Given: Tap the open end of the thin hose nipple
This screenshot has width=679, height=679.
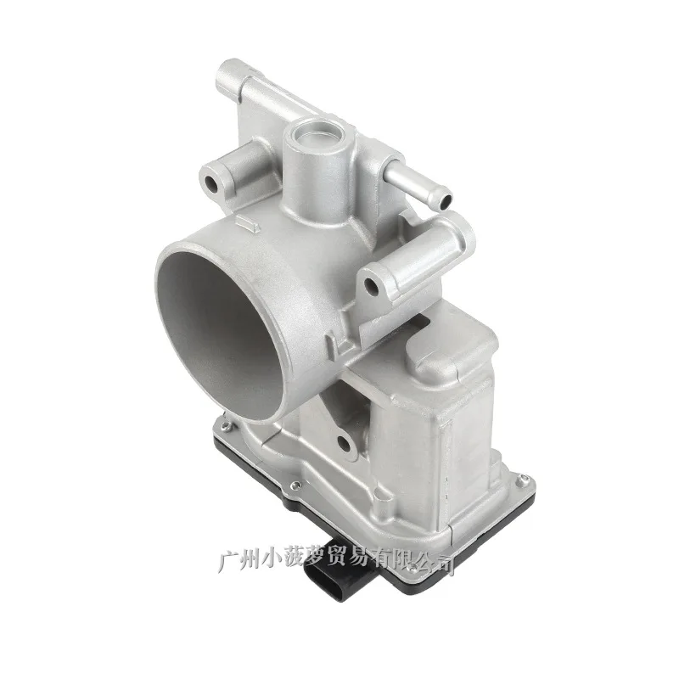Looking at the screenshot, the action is pyautogui.click(x=444, y=201).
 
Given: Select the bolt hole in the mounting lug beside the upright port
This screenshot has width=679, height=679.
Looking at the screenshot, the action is pyautogui.click(x=212, y=183).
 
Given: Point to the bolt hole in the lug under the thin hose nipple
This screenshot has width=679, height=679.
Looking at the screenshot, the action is pyautogui.click(x=371, y=286).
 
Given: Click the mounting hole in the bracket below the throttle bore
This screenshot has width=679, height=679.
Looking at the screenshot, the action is pyautogui.click(x=343, y=442).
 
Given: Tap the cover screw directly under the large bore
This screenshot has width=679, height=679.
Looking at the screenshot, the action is pyautogui.click(x=226, y=427).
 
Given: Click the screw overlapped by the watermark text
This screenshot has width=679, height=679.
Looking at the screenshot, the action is pyautogui.click(x=413, y=565).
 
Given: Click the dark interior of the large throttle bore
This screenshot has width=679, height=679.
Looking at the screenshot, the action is pyautogui.click(x=216, y=329).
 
